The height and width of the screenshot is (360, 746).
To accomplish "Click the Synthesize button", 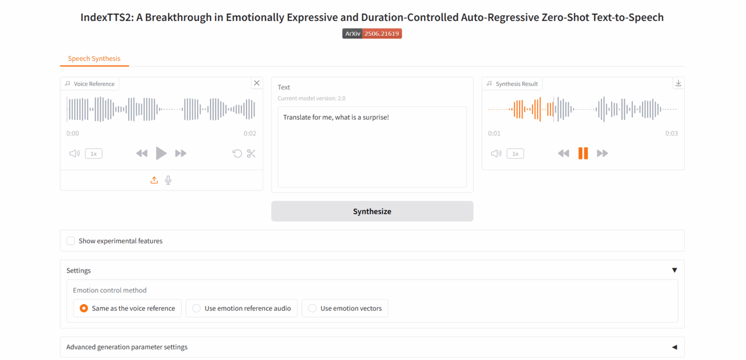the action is click(372, 211).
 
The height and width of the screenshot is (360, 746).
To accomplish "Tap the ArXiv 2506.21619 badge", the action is click(372, 34).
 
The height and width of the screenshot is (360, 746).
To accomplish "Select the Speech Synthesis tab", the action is click(94, 59).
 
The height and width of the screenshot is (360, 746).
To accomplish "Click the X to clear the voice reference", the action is click(257, 83).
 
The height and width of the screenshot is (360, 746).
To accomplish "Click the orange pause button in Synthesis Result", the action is click(583, 153).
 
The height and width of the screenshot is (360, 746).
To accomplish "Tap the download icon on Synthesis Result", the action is click(678, 83).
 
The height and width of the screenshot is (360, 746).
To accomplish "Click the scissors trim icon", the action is click(251, 154).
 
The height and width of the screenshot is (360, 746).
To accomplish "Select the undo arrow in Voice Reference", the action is click(237, 154).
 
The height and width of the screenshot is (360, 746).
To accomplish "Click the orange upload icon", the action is click(154, 180).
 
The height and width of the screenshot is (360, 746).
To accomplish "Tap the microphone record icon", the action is click(168, 180).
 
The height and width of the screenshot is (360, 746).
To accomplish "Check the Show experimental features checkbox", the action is click(70, 241).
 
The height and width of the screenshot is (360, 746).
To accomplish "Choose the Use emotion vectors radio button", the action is click(312, 309).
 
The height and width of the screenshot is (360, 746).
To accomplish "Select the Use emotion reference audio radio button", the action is click(197, 309).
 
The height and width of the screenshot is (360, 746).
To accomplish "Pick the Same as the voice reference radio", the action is click(84, 309).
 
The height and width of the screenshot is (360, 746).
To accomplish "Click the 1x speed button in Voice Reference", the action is click(94, 154).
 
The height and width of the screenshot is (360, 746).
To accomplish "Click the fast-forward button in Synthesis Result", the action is click(602, 154).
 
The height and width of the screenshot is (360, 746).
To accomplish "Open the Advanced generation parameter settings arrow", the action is click(675, 347).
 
